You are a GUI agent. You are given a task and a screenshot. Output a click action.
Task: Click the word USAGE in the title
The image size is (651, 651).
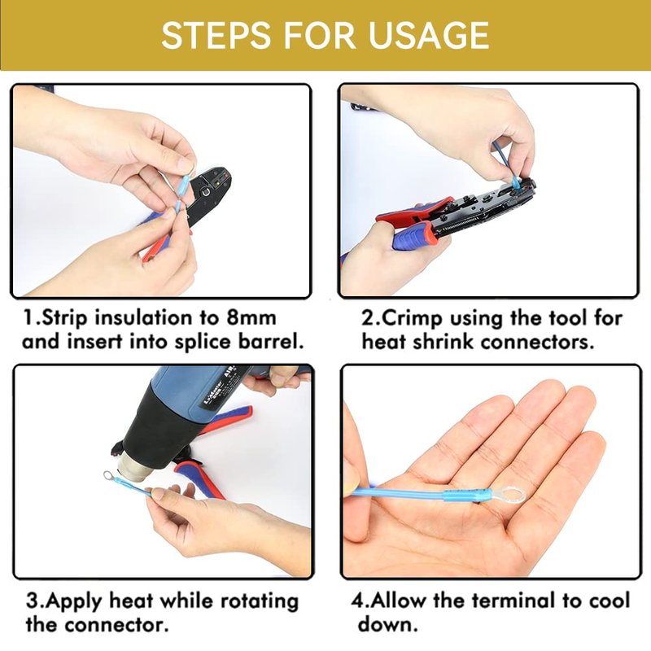click(428, 35)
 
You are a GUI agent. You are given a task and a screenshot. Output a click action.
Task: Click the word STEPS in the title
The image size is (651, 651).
click(216, 35)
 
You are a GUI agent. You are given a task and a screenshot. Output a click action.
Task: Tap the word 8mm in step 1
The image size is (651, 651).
click(251, 318)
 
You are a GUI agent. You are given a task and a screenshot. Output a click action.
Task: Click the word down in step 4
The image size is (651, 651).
click(387, 624)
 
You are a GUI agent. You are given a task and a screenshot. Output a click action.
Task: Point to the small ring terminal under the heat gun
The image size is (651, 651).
click(109, 474)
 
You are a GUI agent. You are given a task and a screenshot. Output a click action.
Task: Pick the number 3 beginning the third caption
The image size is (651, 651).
click(32, 601)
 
